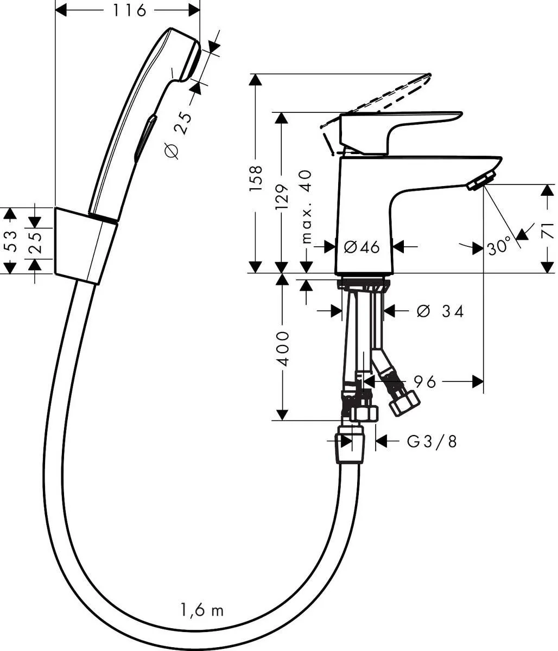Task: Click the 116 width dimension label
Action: (129, 10)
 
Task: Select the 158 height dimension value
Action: (256, 178)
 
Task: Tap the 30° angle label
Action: (498, 247)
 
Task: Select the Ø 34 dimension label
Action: (440, 311)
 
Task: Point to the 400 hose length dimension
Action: (282, 347)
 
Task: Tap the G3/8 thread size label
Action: (432, 442)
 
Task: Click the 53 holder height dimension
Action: (10, 240)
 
